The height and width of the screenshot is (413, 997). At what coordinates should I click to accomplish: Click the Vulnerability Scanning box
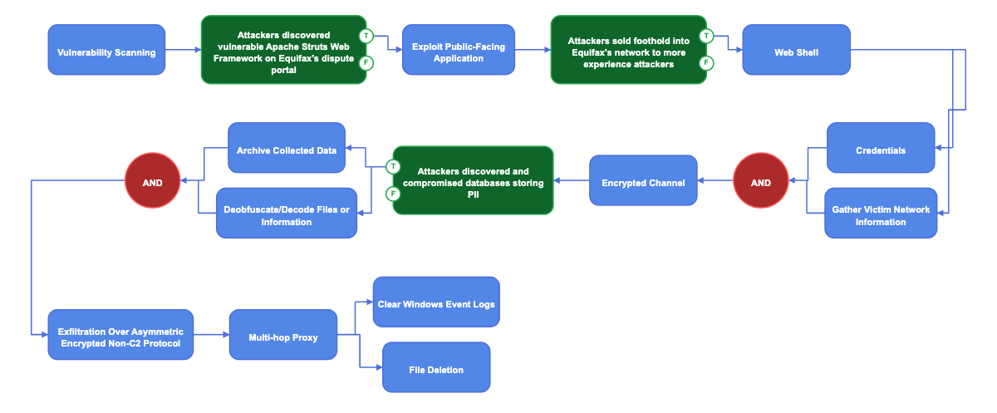click(106, 49)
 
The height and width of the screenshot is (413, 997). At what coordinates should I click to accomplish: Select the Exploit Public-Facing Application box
click(459, 49)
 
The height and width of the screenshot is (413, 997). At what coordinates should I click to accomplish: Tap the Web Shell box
click(796, 49)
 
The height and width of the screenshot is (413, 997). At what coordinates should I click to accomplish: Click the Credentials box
click(881, 148)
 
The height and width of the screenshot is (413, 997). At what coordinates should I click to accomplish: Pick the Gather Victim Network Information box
click(881, 214)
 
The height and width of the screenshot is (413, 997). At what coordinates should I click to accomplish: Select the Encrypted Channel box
click(643, 180)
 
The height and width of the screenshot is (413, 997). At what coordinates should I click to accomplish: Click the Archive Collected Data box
click(287, 148)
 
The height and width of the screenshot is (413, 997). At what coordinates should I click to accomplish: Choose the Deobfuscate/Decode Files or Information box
click(287, 214)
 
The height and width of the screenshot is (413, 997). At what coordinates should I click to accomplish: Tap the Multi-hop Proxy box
click(283, 335)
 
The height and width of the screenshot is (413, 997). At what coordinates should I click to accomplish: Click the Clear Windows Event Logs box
click(436, 302)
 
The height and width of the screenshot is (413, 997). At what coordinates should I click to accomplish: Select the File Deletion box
click(436, 367)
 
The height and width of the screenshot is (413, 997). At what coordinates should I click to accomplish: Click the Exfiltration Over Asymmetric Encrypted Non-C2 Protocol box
click(120, 335)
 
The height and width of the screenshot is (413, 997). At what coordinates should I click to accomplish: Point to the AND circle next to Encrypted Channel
click(761, 180)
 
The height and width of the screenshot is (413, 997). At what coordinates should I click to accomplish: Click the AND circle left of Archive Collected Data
click(152, 180)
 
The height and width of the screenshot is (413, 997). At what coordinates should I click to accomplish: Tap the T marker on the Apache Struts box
click(366, 36)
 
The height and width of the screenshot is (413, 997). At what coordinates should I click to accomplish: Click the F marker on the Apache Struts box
click(366, 63)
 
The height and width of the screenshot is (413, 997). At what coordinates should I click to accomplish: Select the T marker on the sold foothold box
click(706, 36)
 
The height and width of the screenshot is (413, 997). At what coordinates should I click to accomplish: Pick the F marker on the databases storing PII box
click(393, 194)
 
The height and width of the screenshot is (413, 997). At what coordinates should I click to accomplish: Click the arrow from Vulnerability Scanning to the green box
click(184, 49)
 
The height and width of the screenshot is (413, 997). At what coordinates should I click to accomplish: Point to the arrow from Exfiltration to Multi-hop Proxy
click(211, 335)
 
